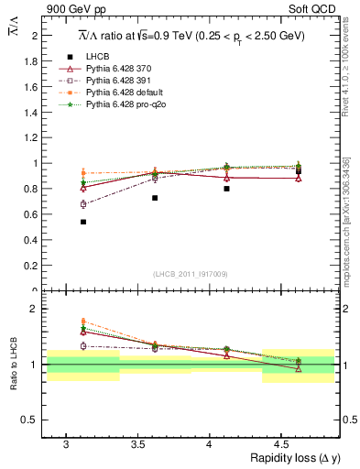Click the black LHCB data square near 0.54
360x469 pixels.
[83, 222]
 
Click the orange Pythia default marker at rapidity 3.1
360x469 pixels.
[83, 173]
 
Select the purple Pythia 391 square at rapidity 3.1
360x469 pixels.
[83, 204]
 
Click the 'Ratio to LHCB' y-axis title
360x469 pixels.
[13, 365]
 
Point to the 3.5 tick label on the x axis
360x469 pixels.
[137, 444]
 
